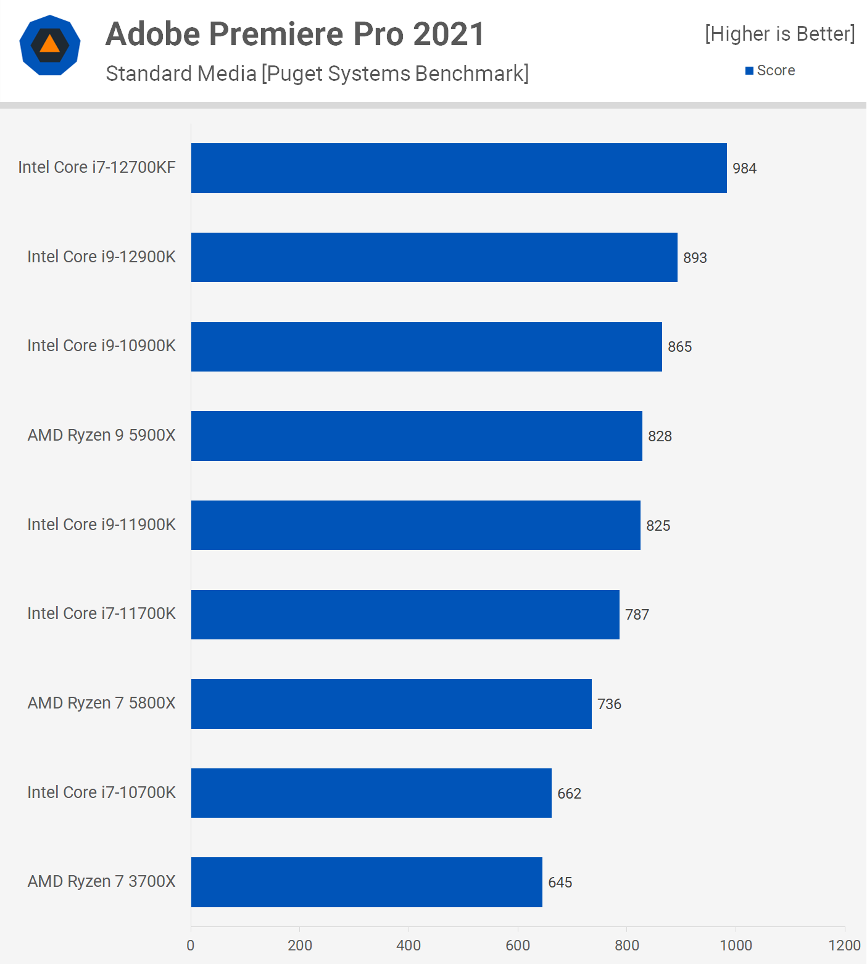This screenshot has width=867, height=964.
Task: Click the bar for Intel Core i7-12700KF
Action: pos(458,168)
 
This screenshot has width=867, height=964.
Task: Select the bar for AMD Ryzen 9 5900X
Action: pos(417,436)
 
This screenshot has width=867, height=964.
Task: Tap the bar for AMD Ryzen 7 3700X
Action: pos(367,882)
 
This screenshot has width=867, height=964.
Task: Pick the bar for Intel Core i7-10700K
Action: pos(371,792)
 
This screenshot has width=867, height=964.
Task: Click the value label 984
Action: pos(744,168)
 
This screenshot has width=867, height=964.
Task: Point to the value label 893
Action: pos(695,258)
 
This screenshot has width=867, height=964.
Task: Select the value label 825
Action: pos(658,526)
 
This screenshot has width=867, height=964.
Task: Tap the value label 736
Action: pos(609,704)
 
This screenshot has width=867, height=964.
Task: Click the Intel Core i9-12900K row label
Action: pos(101,257)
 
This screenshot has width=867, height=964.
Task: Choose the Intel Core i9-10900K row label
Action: pos(101,346)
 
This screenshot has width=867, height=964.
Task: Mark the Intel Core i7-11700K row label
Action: pos(101,613)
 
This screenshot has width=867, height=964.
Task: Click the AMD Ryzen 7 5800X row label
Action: pos(101,703)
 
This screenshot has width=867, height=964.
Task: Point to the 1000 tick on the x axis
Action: pos(736,945)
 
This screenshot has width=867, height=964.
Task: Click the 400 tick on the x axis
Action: pos(409,945)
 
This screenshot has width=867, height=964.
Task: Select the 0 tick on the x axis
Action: pos(191,945)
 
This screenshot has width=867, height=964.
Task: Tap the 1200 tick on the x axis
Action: pos(844,945)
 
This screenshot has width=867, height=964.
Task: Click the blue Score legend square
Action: pos(749,71)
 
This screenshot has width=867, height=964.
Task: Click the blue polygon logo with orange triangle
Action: pos(50,45)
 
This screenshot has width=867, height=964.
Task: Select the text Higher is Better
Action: pos(780,34)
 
